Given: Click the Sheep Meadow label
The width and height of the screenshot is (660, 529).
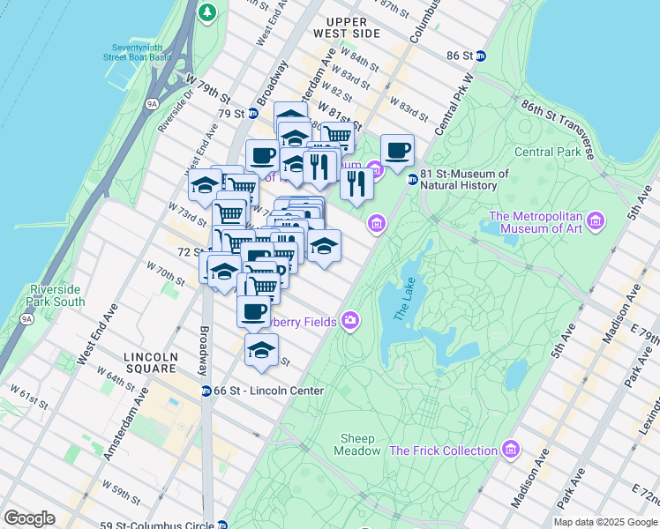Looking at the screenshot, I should [356, 444].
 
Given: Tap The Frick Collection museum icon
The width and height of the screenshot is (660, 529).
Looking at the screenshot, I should [510, 450].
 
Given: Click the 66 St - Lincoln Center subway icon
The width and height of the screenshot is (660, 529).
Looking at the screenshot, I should [206, 391].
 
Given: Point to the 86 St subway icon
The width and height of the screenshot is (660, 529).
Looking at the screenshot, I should [481, 55].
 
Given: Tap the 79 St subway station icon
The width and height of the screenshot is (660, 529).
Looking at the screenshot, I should [252, 113].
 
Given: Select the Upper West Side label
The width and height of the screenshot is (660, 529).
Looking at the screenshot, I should [353, 27].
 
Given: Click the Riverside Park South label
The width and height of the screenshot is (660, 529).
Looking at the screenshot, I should [57, 295].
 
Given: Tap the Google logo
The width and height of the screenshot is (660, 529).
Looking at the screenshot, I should [29, 518].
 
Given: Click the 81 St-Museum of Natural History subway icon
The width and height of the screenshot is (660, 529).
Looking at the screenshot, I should [411, 180].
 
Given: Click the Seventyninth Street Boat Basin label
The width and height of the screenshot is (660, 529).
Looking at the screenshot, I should [136, 51].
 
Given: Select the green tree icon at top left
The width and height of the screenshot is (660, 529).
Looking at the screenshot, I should [207, 12].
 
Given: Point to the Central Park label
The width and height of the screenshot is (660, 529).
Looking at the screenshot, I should [547, 152].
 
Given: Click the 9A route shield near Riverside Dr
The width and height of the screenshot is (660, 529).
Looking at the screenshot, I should [152, 104].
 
